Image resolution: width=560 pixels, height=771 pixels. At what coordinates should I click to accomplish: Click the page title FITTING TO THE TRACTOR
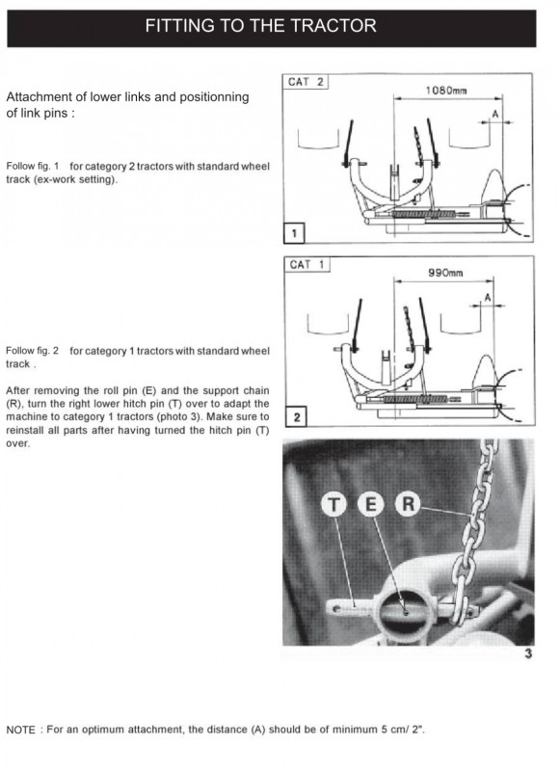[260, 26]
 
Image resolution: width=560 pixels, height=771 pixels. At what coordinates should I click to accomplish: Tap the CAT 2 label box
[306, 82]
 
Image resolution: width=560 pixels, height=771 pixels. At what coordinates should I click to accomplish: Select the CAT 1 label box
[307, 264]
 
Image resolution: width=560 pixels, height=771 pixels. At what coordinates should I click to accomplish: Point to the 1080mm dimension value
[446, 91]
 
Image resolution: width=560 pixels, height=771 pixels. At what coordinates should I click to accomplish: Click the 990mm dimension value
[445, 273]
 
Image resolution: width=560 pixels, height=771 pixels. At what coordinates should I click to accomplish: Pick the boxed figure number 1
[294, 233]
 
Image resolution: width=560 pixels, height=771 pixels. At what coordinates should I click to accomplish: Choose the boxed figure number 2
[297, 417]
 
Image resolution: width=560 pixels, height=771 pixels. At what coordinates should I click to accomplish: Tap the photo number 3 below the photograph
[528, 653]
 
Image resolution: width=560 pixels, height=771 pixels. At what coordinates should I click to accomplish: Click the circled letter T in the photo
[333, 505]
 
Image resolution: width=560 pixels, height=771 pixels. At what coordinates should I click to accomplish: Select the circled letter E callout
[371, 504]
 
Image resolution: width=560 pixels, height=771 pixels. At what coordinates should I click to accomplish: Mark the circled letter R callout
[408, 504]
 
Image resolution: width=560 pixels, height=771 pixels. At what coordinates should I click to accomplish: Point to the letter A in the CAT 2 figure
[495, 114]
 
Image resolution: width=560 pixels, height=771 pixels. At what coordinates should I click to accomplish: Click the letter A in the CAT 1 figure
[488, 298]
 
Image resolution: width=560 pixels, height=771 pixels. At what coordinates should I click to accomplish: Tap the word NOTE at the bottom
[20, 730]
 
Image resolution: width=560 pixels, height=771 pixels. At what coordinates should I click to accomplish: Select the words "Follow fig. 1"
[33, 166]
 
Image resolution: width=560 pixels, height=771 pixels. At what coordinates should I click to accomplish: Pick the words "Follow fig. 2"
[33, 351]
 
